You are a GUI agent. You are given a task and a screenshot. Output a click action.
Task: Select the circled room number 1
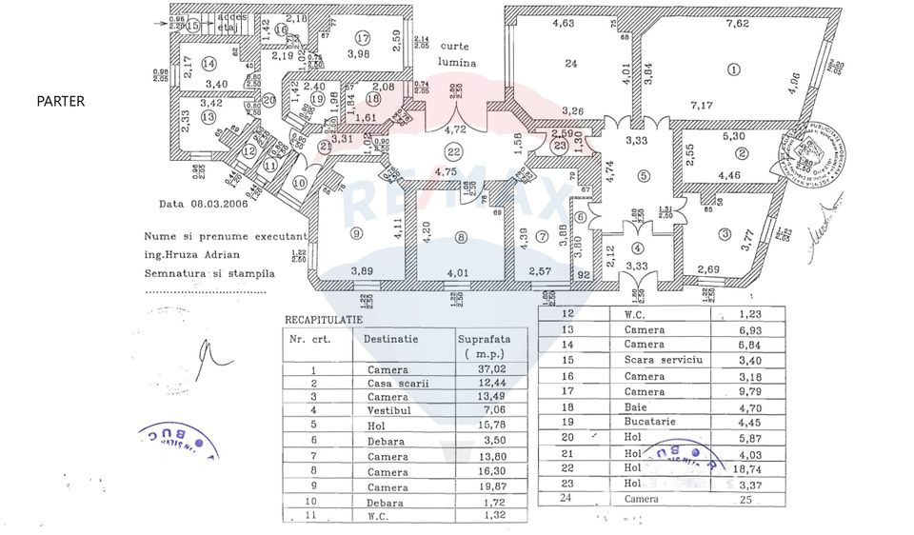733,69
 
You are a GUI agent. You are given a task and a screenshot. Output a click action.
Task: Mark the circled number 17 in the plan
363,38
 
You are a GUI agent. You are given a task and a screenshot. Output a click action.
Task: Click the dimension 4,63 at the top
562,23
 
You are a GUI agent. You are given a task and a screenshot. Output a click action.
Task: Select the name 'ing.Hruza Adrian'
193,255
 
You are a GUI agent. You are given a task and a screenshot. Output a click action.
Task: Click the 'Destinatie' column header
389,338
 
